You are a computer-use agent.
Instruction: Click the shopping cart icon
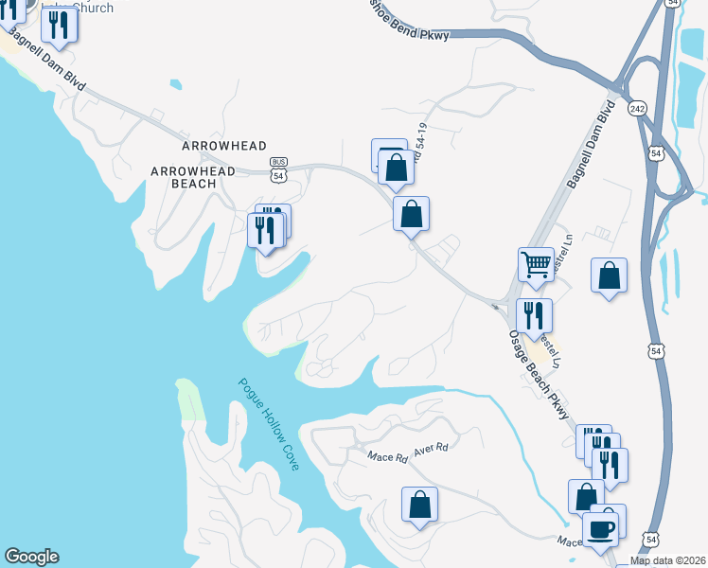point(535,264)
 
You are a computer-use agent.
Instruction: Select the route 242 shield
point(636,109)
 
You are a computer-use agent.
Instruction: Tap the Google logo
point(31,557)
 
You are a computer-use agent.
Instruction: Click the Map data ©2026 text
point(668,560)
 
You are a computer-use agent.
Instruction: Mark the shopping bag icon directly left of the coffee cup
point(586,496)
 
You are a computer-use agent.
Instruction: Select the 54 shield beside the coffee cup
point(650,540)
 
